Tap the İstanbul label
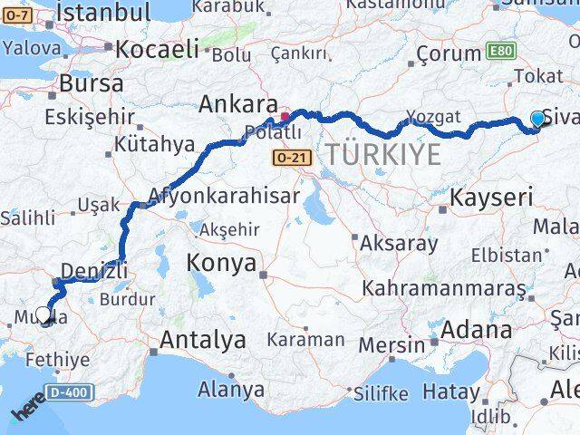pyautogui.click(x=103, y=13)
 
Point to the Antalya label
pyautogui.click(x=203, y=340)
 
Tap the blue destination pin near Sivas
pyautogui.click(x=537, y=119)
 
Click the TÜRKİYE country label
pyautogui.click(x=383, y=155)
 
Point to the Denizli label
pyautogui.click(x=93, y=269)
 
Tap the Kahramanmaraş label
pyautogui.click(x=443, y=289)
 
